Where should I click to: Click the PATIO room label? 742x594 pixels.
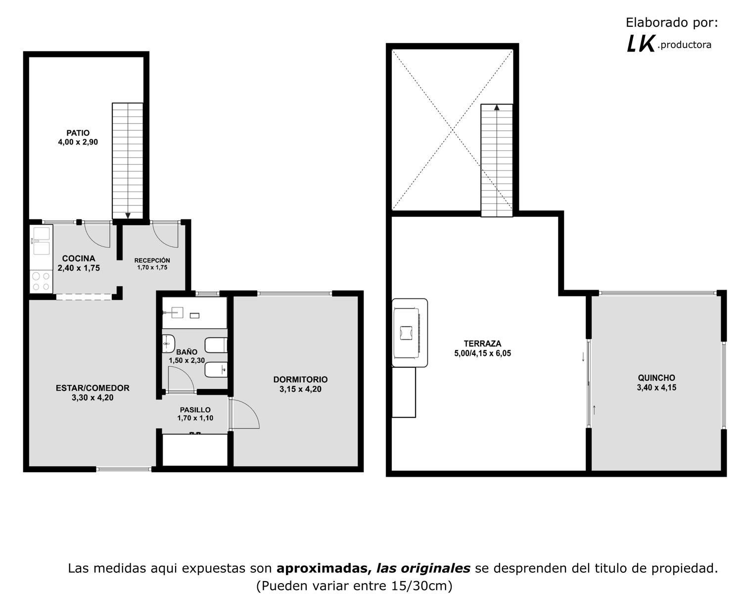click(78, 133)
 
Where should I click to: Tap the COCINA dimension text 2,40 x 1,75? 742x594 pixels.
click(79, 268)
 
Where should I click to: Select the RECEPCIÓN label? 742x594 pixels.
click(152, 260)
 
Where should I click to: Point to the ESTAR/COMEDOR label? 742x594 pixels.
click(93, 388)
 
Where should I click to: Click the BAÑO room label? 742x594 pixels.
click(186, 352)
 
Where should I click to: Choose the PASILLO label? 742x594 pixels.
click(195, 410)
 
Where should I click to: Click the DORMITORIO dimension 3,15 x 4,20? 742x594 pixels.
click(300, 390)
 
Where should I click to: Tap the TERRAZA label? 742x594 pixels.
click(482, 344)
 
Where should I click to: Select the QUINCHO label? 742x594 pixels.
click(656, 378)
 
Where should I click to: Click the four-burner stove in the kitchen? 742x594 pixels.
click(41, 281)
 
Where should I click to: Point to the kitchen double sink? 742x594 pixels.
click(42, 241)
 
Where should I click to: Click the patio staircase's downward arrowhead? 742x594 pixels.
click(128, 216)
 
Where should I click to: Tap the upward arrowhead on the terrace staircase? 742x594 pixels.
click(497, 107)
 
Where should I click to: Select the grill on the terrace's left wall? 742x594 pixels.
click(410, 333)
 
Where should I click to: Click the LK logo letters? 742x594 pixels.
click(641, 44)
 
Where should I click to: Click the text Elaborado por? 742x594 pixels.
click(672, 23)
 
